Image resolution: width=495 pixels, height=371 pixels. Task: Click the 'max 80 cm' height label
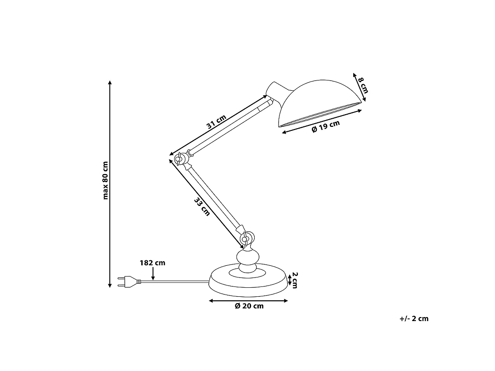[x=105, y=180]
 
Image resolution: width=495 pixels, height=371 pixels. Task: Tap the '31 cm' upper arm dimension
[x=216, y=122]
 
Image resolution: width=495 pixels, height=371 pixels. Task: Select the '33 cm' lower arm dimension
[x=202, y=207]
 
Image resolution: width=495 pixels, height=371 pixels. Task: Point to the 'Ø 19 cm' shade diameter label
[x=325, y=126]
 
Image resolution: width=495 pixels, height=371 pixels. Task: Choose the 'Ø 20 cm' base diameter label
[x=249, y=306]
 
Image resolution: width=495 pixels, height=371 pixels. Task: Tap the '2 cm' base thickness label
[x=295, y=280]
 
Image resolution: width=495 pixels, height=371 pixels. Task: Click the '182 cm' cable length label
[x=153, y=263]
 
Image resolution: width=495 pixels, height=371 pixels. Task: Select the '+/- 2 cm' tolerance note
[x=414, y=319]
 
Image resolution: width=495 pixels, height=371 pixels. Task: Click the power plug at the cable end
[x=129, y=282]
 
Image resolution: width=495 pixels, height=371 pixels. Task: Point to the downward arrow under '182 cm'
[x=153, y=273]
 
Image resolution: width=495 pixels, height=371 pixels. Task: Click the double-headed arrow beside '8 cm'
[x=359, y=87]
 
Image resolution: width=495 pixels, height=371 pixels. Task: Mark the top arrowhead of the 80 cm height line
[x=109, y=83]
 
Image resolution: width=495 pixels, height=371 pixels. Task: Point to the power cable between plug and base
[x=175, y=282]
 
